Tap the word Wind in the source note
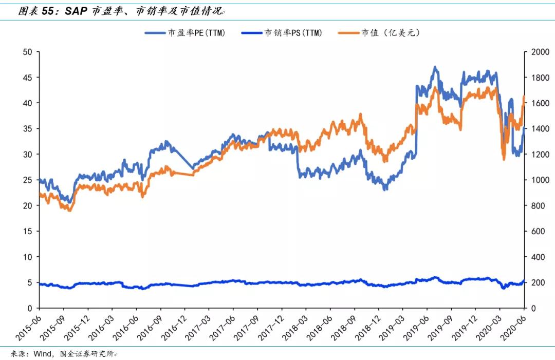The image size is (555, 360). [42, 354]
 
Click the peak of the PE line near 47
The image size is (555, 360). [435, 67]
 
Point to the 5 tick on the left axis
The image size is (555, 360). [30, 282]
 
